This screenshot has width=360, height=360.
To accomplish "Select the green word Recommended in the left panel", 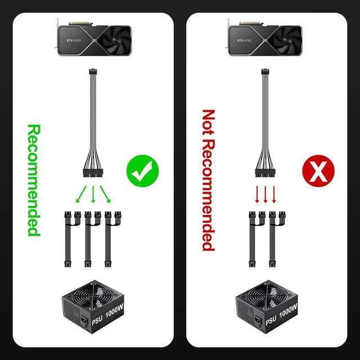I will (34, 179).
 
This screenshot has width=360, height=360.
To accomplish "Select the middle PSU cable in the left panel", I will (88, 239).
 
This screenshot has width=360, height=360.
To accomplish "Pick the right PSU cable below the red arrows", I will (276, 239).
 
